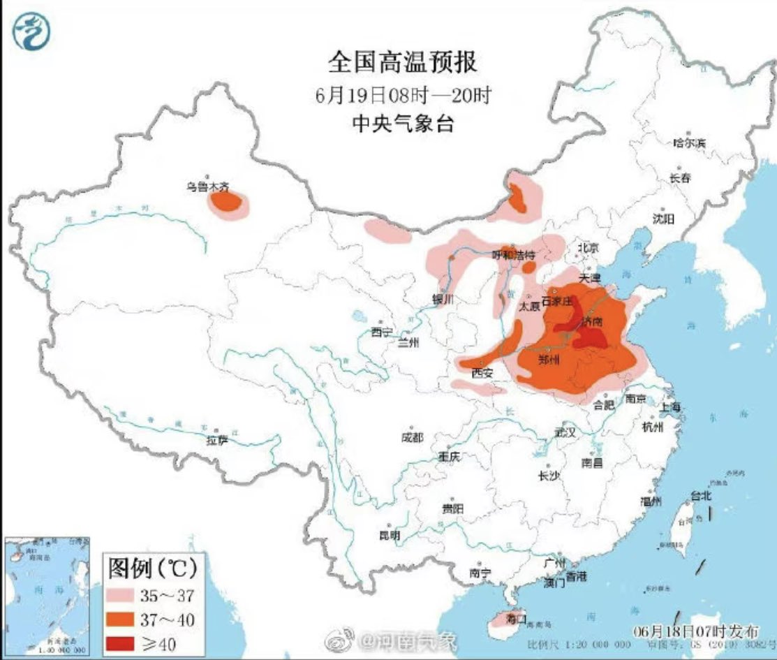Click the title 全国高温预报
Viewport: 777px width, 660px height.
tap(403, 63)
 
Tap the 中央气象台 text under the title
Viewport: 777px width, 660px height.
tap(403, 124)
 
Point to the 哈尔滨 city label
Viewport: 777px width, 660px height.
tap(689, 142)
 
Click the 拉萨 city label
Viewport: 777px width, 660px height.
tap(217, 440)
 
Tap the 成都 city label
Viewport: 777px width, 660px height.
tap(412, 437)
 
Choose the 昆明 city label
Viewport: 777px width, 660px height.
tap(390, 535)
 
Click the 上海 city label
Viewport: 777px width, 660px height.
tap(671, 407)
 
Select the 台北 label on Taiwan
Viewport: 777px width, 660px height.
tap(700, 496)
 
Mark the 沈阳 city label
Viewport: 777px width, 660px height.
tap(663, 219)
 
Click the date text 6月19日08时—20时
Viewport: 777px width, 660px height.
tap(403, 94)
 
